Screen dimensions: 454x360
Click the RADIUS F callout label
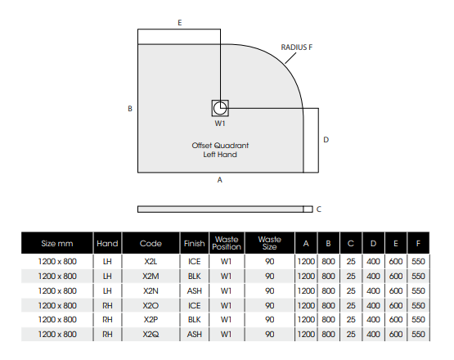296,47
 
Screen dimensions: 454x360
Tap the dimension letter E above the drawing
180,23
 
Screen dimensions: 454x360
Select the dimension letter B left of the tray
130,109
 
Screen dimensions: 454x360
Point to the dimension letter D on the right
326,140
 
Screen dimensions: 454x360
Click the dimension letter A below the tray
220,180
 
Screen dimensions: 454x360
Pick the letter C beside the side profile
319,209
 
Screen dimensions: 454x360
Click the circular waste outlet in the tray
220,108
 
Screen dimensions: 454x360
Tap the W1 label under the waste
220,124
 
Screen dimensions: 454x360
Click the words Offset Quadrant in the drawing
220,146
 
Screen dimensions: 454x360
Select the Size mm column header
57,243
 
